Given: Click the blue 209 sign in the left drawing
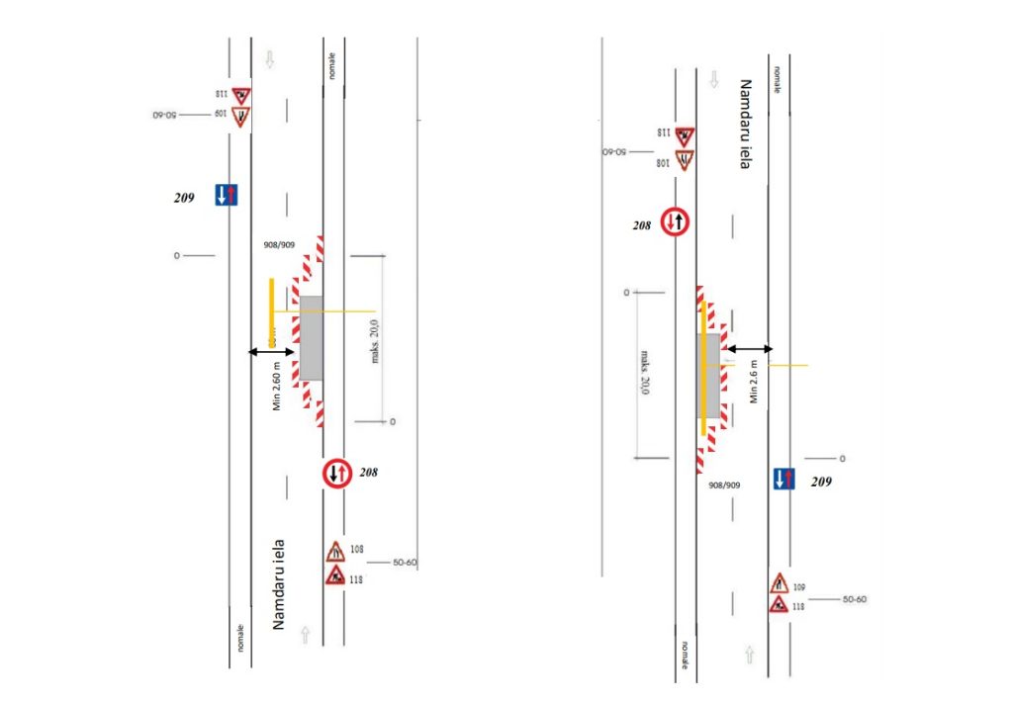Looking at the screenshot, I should tap(228, 195).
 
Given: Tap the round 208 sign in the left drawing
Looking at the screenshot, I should tap(336, 473).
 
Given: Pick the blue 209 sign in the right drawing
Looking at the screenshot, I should tap(783, 479).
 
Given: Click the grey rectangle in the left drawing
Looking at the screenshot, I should tap(311, 337).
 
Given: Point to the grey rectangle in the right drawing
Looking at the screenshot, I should tap(709, 374).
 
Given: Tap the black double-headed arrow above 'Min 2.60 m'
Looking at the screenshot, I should tap(270, 352).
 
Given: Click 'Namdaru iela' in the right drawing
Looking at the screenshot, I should tap(746, 125).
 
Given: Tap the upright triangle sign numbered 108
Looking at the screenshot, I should tap(335, 550).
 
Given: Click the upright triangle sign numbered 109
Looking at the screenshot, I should tap(779, 583).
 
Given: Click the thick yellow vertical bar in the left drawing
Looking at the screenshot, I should tap(271, 312).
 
